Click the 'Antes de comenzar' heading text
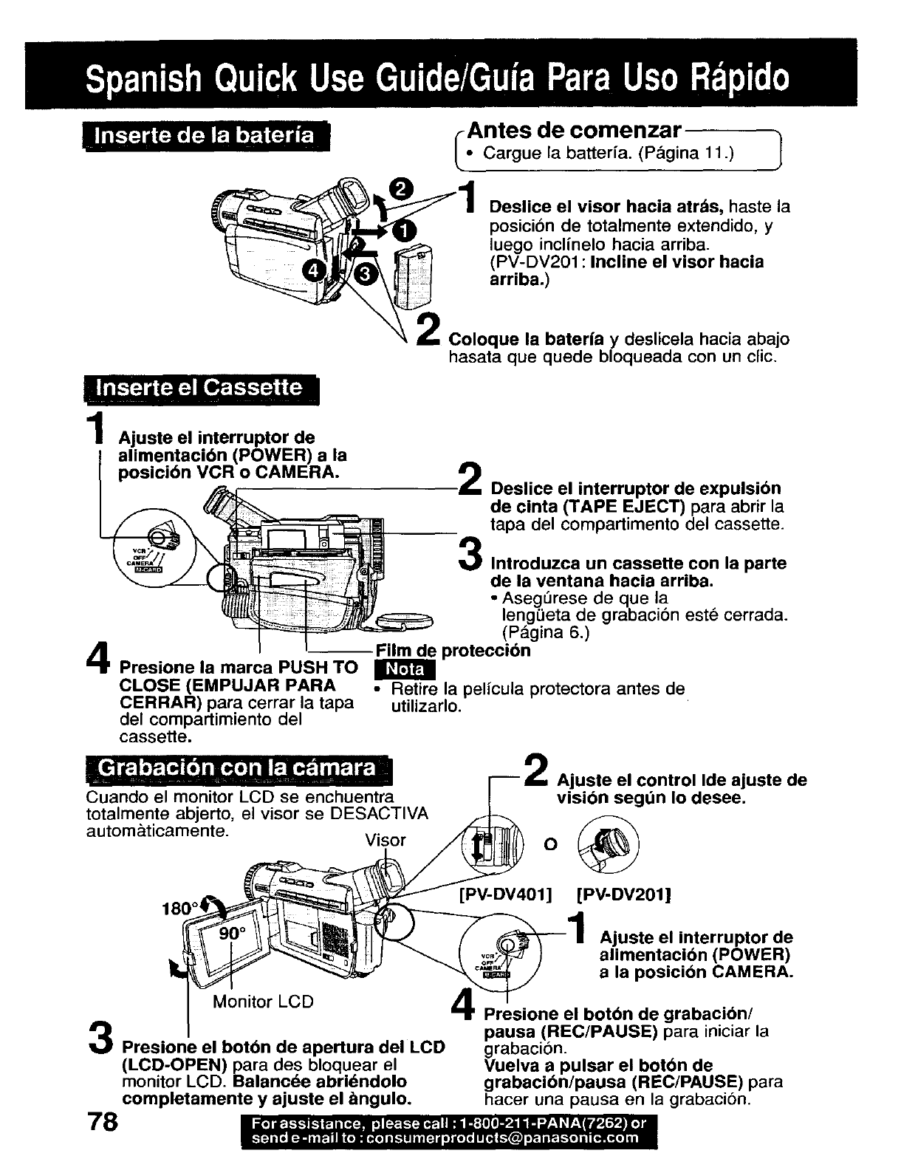(x=575, y=131)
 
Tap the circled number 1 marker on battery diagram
(x=404, y=231)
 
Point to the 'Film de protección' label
(x=453, y=651)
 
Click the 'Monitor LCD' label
(x=263, y=1002)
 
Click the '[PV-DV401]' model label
(x=505, y=895)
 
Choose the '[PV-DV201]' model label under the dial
(x=622, y=895)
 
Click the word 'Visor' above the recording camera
(x=385, y=840)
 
